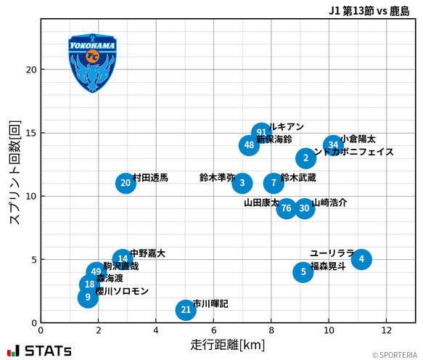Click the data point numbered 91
(x=261, y=133)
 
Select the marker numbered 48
(x=249, y=145)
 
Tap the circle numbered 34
(x=332, y=145)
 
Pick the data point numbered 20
(x=126, y=183)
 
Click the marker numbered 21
(x=186, y=310)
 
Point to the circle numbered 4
(x=361, y=259)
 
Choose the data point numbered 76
(x=287, y=208)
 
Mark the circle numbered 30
(x=305, y=208)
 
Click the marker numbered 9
(x=88, y=297)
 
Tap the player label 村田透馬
(x=151, y=178)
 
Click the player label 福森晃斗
(x=329, y=266)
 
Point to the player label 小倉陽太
(x=358, y=139)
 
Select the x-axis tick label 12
(x=386, y=330)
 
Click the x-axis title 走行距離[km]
(x=228, y=343)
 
